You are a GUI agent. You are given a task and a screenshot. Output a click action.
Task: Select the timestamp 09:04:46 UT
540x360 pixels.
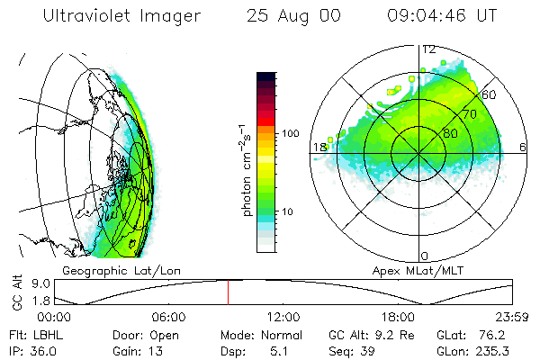tap(442, 16)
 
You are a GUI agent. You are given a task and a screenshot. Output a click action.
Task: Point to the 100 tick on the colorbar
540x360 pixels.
tap(291, 133)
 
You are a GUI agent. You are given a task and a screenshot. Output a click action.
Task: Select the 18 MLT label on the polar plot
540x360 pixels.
tap(319, 147)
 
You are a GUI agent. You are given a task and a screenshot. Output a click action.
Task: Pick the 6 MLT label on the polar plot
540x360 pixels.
tap(523, 147)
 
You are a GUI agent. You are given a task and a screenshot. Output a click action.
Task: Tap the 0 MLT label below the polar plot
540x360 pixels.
tap(425, 256)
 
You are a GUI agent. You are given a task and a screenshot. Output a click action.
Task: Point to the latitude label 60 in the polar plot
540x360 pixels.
tap(490, 94)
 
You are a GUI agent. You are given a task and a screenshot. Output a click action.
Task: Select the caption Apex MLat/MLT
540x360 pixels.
tap(412, 270)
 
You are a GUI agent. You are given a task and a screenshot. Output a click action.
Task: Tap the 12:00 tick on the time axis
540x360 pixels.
tap(284, 317)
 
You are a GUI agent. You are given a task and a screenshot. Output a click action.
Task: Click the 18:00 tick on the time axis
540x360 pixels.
tap(399, 317)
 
